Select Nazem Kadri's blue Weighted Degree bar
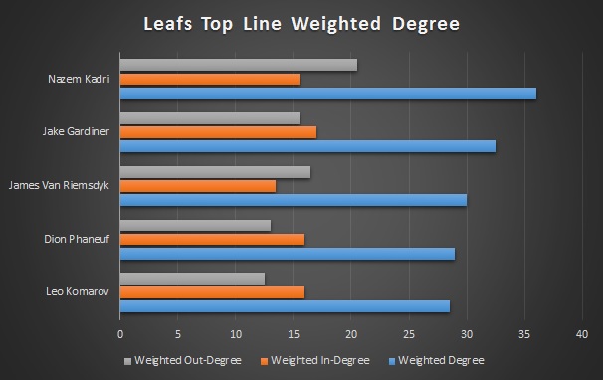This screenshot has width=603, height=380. coord(328,94)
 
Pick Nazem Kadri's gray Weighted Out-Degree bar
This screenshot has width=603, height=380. coord(239,65)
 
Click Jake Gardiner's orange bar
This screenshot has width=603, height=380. coord(218,132)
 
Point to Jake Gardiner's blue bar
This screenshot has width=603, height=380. coord(307,146)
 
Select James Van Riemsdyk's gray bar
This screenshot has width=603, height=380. coord(215,171)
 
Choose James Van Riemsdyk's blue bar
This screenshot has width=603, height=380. coord(294,200)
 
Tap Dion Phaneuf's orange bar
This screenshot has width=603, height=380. coord(212,239)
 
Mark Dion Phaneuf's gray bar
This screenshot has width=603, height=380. coord(195,225)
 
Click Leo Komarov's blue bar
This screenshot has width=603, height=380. coord(285,306)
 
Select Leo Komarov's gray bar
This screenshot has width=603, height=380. coord(192,278)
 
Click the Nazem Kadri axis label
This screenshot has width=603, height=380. coord(79,78)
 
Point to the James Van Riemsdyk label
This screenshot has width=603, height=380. coord(59,185)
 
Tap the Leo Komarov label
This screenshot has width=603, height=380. coord(78,291)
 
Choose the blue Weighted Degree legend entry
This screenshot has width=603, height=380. coord(444,359)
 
